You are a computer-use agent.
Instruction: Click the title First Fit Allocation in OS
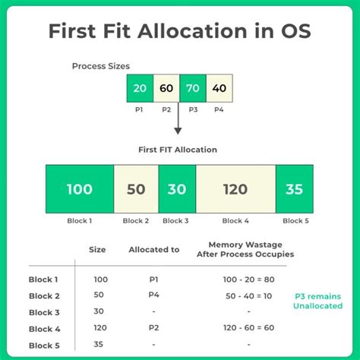pos(180,32)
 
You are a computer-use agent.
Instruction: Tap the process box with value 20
pos(140,89)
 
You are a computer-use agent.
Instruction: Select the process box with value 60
pos(166,89)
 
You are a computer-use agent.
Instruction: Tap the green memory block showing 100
pos(79,189)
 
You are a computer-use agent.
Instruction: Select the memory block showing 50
pos(136,189)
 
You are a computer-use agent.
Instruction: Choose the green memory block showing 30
pos(177,189)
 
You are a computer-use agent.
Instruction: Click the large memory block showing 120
pos(235,189)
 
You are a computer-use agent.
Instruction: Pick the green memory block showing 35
pos(294,189)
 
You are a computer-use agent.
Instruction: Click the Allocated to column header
pos(153,249)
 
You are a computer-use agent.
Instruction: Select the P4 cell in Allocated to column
pos(153,295)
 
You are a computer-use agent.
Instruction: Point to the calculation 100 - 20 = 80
pos(249,279)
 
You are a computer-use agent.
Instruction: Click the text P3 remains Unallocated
pos(317,301)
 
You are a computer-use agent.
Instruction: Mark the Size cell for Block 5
pos(98,344)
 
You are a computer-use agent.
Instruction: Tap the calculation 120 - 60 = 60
pos(249,328)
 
